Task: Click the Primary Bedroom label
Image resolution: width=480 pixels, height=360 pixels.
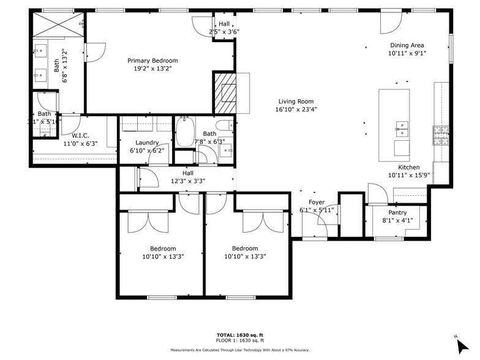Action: click(x=152, y=61)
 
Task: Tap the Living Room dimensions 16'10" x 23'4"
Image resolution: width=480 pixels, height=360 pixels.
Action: click(x=296, y=110)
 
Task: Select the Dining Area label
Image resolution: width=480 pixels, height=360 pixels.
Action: click(x=407, y=45)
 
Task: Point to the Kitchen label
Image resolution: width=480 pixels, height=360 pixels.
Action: click(x=409, y=167)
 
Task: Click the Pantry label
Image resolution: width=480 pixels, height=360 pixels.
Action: click(x=398, y=212)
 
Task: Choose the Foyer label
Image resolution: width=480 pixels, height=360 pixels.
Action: click(x=317, y=202)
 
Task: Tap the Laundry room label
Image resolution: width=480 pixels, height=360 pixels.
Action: click(x=148, y=142)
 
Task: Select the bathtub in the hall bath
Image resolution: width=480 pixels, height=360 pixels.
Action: click(x=184, y=132)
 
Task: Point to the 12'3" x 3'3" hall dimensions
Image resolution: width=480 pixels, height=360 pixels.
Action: click(x=188, y=181)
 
